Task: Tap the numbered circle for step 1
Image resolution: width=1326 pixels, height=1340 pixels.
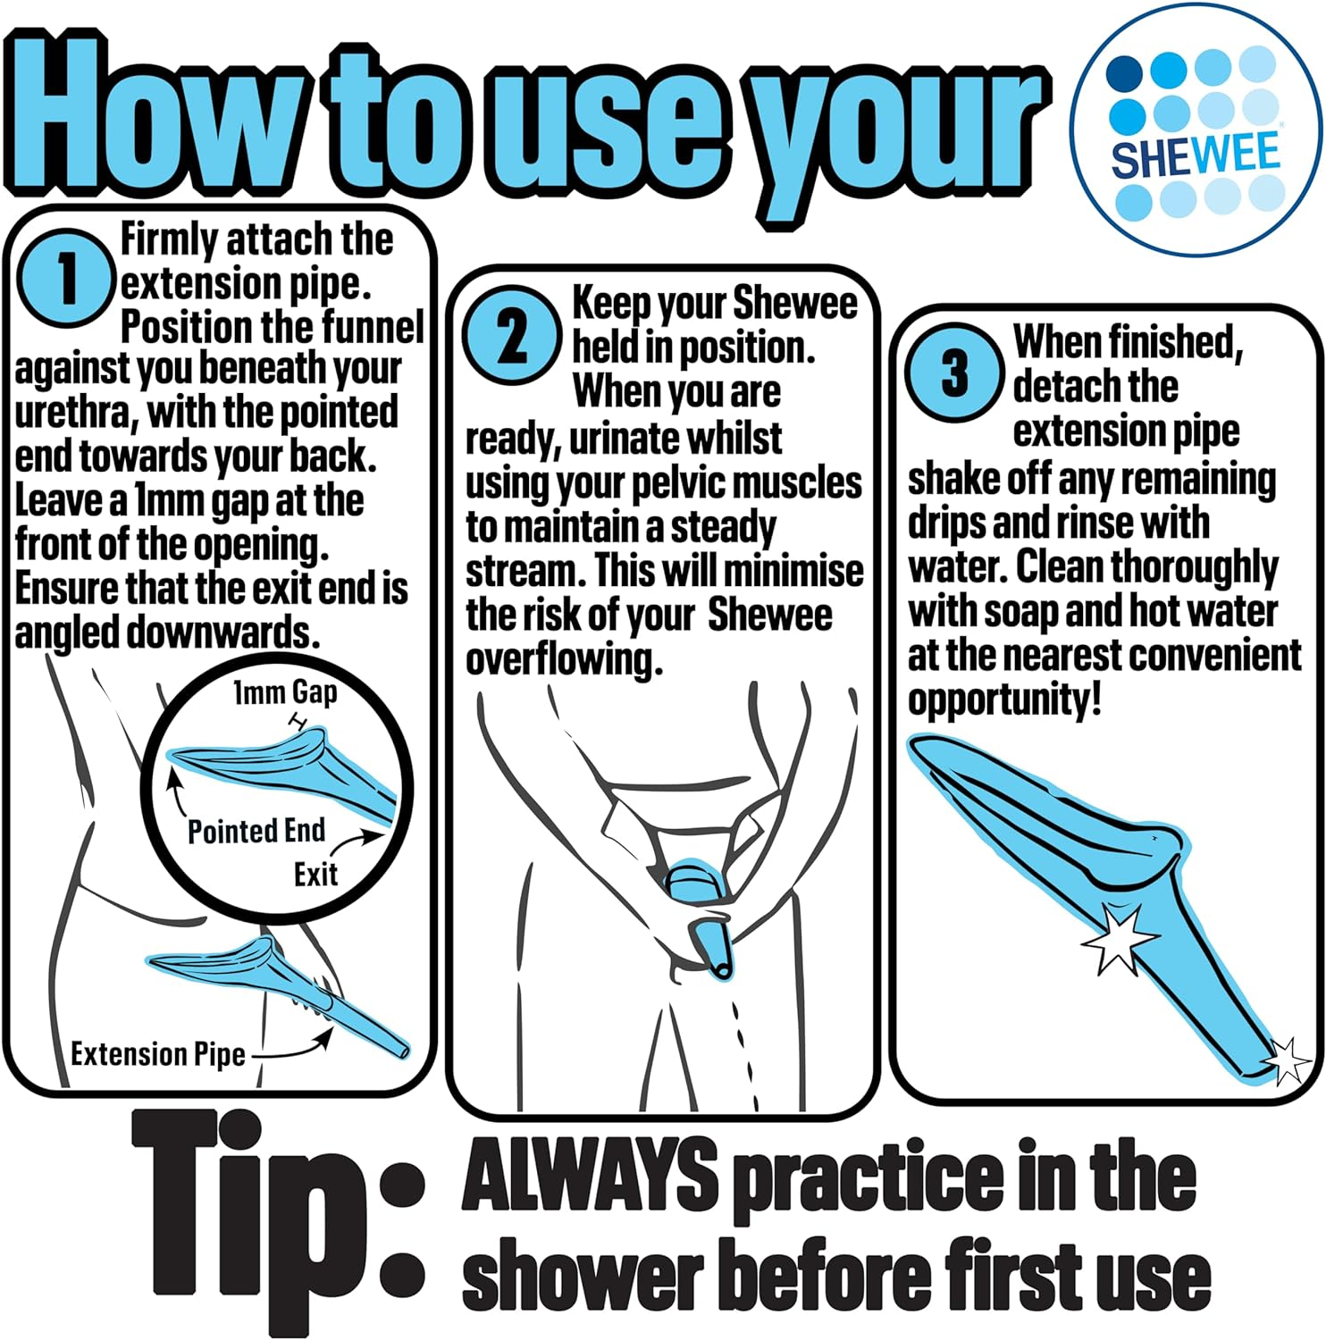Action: (x=67, y=278)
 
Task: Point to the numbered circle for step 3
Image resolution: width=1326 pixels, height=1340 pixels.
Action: (x=954, y=372)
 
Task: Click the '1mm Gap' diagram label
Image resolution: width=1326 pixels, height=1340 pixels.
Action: (x=285, y=692)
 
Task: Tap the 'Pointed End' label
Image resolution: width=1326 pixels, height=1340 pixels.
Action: (x=256, y=831)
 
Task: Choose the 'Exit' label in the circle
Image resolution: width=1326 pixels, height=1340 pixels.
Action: (x=315, y=874)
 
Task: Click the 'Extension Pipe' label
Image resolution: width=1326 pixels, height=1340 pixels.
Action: (x=158, y=1054)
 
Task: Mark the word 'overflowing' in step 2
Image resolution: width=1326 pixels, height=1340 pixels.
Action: (x=565, y=660)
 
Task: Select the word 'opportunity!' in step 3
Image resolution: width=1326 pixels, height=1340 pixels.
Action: (x=1004, y=699)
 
